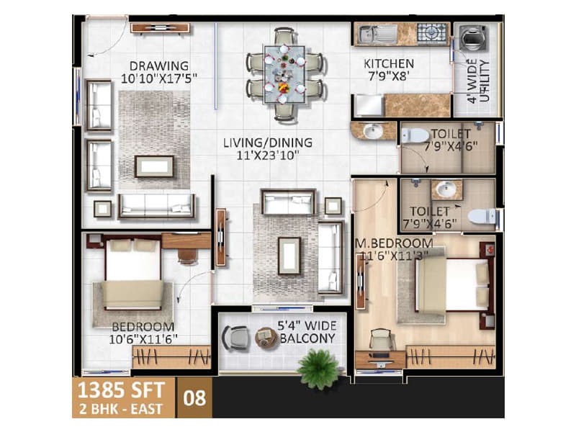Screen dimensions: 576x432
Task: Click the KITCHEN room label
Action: pyautogui.click(x=389, y=63)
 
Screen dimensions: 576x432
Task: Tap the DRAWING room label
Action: pyautogui.click(x=159, y=66)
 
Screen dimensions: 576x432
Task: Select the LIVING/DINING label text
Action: pyautogui.click(x=268, y=143)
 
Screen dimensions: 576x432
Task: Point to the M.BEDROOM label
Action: pyautogui.click(x=394, y=243)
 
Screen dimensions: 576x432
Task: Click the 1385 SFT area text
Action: pyautogui.click(x=121, y=390)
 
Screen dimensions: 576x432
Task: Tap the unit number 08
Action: pyautogui.click(x=194, y=398)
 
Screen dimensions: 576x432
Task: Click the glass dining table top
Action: pyautogui.click(x=284, y=75)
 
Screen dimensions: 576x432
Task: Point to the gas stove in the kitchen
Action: pyautogui.click(x=433, y=32)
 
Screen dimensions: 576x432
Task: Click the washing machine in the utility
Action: pyautogui.click(x=474, y=37)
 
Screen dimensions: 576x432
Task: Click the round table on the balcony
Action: pyautogui.click(x=266, y=338)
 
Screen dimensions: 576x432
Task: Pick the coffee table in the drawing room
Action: pyautogui.click(x=154, y=166)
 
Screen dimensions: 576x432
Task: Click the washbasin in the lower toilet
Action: pyautogui.click(x=446, y=190)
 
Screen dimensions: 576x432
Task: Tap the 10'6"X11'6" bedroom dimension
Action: pyautogui.click(x=143, y=339)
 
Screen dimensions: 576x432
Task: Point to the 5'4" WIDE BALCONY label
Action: pyautogui.click(x=307, y=332)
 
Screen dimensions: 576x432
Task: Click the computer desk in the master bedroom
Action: pyautogui.click(x=381, y=359)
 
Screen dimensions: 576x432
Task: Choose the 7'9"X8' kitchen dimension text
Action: pyautogui.click(x=388, y=76)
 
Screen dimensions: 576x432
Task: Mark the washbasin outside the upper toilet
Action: pyautogui.click(x=373, y=130)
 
